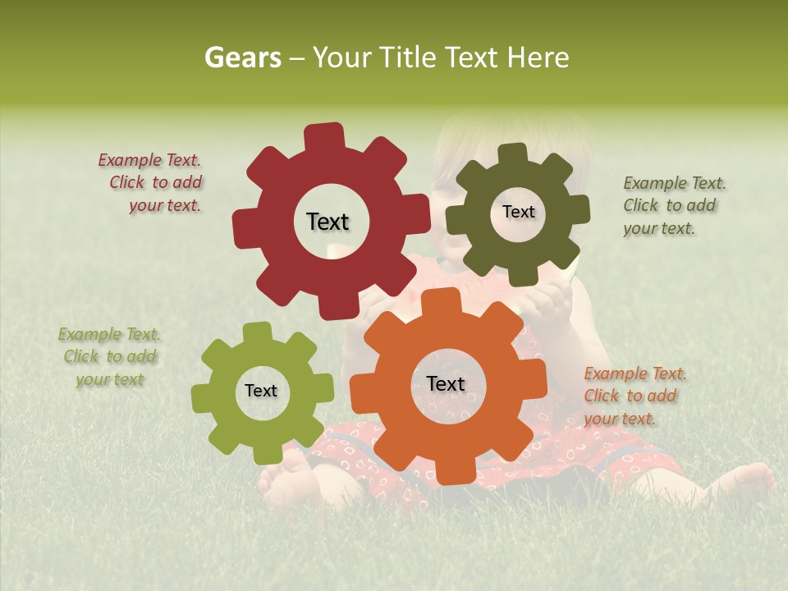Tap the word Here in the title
coord(538,57)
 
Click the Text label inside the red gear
coord(328,222)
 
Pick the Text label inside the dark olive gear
coord(518,212)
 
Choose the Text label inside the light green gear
coord(261,391)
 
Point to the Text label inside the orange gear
coord(446,383)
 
